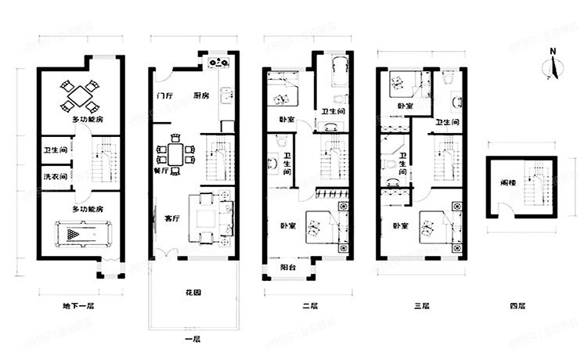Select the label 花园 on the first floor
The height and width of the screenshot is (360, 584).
tap(193, 293)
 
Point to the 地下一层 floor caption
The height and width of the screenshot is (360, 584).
tap(78, 306)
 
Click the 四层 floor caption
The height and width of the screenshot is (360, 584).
tap(517, 306)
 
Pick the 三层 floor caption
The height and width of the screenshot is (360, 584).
tap(421, 306)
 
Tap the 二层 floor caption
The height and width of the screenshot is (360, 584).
tap(309, 306)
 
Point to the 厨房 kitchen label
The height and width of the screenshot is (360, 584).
tap(201, 95)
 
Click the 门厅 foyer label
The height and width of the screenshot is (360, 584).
tap(164, 95)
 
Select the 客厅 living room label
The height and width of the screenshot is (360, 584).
tap(173, 208)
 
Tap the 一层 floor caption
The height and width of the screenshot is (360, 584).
tap(193, 339)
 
